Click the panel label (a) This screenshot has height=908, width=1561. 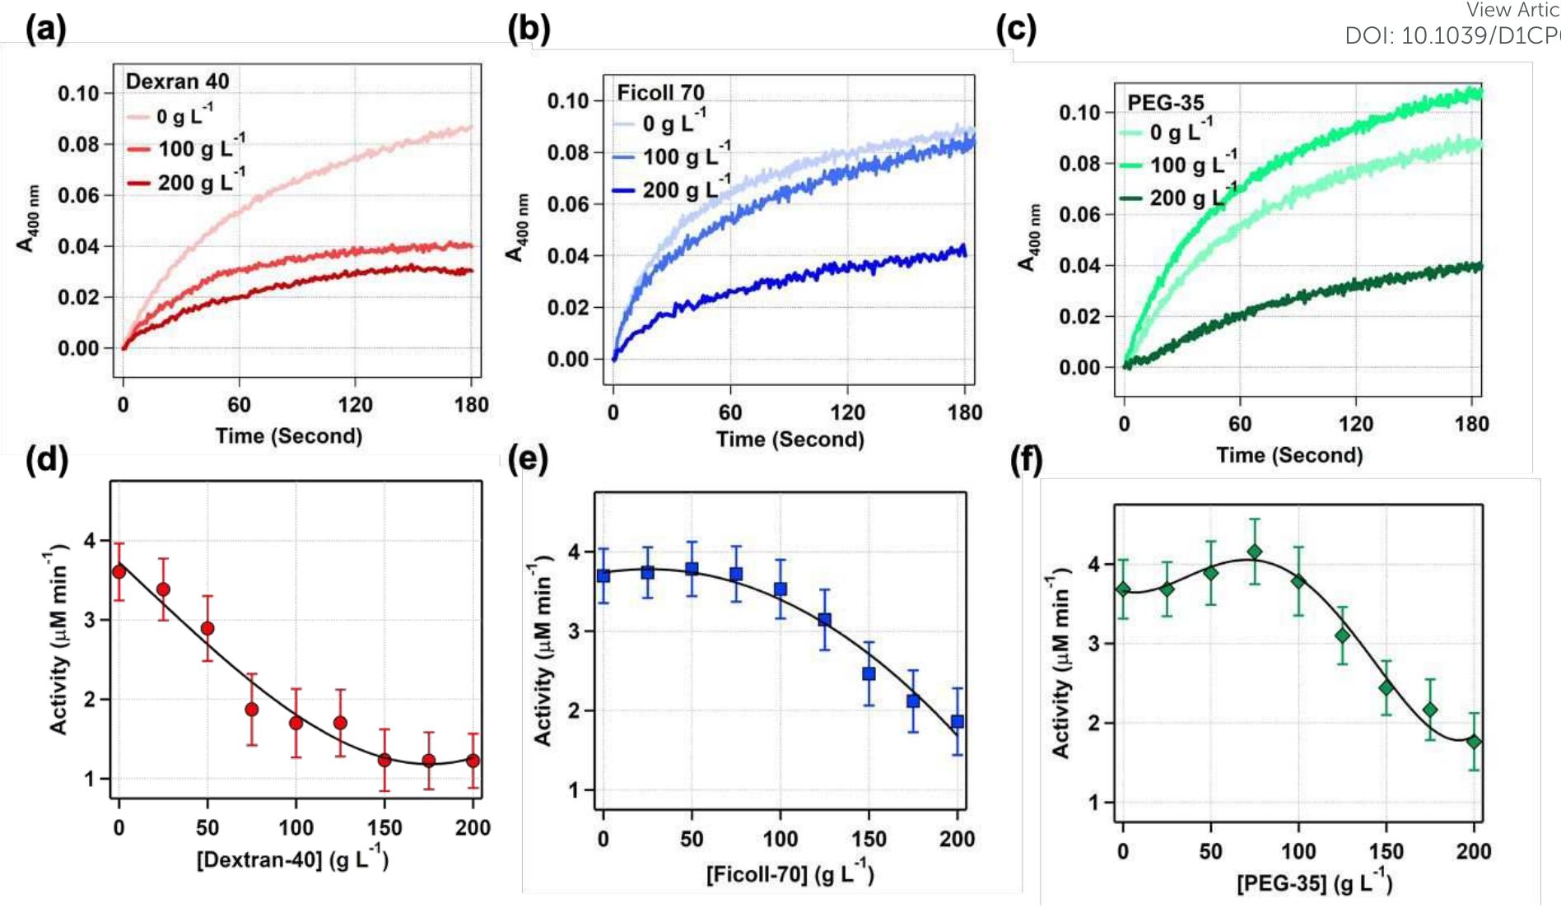point(45,29)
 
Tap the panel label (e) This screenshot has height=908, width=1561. point(528,459)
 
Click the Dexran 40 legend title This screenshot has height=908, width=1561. point(177,81)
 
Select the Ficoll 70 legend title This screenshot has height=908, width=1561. point(661,92)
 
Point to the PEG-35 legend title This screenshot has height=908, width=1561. point(1165,103)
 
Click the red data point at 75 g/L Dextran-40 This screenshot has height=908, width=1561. point(252,709)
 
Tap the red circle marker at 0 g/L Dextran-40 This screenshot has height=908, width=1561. point(119,571)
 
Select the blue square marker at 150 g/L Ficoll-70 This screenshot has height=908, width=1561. point(869,673)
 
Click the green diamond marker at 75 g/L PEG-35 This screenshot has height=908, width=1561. point(1254,552)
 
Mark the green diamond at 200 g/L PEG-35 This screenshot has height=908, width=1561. point(1474,742)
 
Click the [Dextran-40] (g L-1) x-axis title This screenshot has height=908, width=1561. point(292,859)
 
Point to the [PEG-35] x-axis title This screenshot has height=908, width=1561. point(1314,882)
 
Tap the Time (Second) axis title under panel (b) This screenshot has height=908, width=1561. point(790,440)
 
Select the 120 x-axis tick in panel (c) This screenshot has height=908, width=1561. point(1355,424)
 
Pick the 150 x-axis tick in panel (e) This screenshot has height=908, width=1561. point(869,839)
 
